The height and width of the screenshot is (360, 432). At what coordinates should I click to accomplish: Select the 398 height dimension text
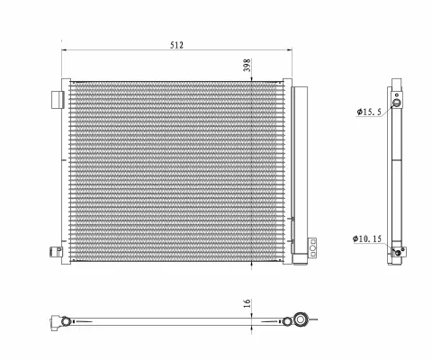tap(247, 66)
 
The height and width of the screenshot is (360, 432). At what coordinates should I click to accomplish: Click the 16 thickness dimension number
tap(247, 307)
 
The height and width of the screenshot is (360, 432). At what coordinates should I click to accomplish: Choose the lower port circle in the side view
tap(397, 254)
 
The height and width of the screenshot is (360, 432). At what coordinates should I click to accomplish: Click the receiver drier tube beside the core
tap(301, 171)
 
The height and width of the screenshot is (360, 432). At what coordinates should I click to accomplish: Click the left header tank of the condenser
tap(66, 171)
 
